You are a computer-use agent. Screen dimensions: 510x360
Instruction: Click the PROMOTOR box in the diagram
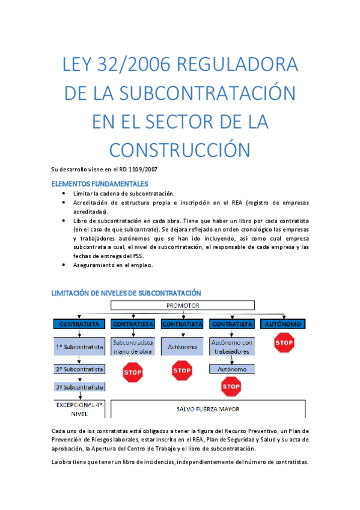[x=182, y=306]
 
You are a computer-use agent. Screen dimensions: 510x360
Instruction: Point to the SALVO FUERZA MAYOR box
[x=208, y=410]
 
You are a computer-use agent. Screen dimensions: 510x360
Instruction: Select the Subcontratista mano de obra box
[x=132, y=347]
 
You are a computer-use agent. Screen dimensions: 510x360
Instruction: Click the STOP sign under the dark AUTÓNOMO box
[x=284, y=343]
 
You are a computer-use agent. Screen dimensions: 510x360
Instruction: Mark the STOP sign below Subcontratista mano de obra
[x=132, y=372]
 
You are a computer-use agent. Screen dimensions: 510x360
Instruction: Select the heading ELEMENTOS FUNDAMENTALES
[x=100, y=183]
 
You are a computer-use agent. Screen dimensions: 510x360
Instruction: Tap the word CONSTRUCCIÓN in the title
[x=180, y=148]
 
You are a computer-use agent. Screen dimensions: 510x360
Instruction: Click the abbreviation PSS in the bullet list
[x=139, y=256]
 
